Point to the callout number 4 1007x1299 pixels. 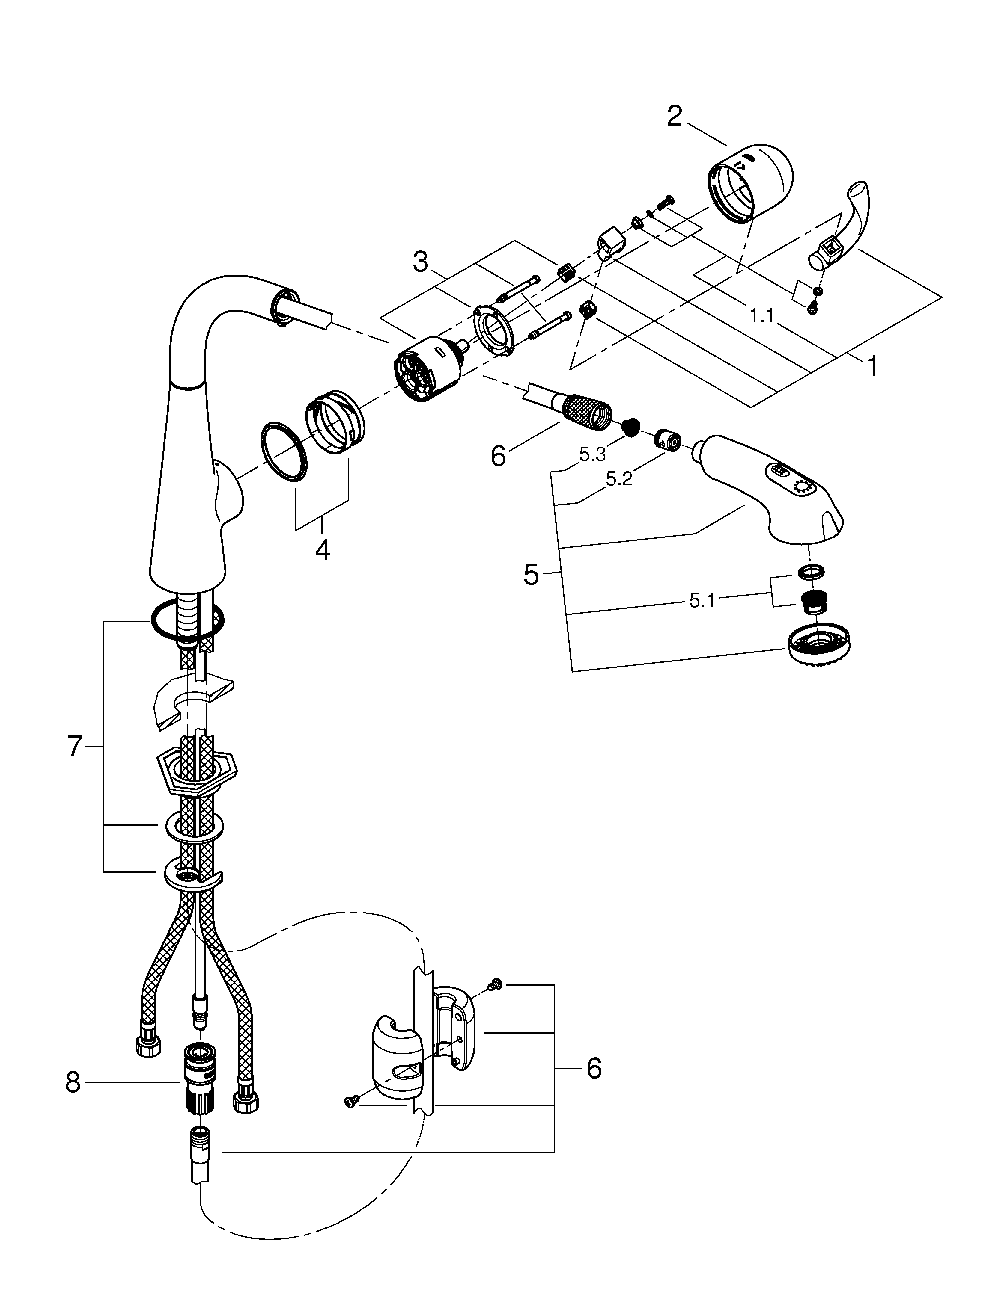(x=322, y=550)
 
